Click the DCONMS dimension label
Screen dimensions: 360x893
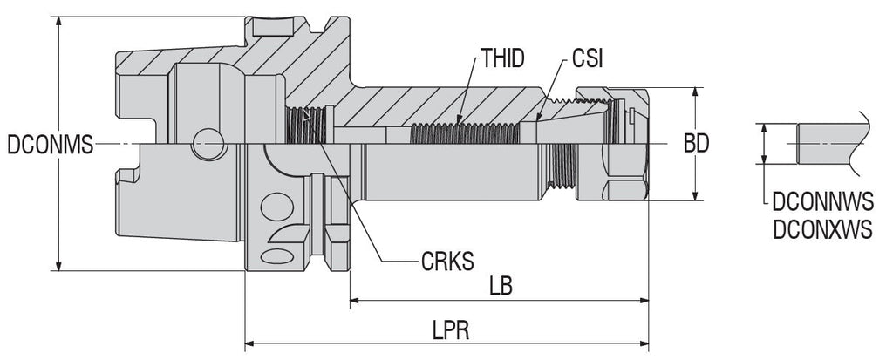tap(49, 145)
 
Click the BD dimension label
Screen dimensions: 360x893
tap(695, 145)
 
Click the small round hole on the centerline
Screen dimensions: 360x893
tap(208, 144)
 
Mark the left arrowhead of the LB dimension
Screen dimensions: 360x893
tap(355, 302)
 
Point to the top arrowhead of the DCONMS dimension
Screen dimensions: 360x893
tap(59, 22)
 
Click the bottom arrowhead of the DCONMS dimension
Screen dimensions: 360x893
tap(59, 266)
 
